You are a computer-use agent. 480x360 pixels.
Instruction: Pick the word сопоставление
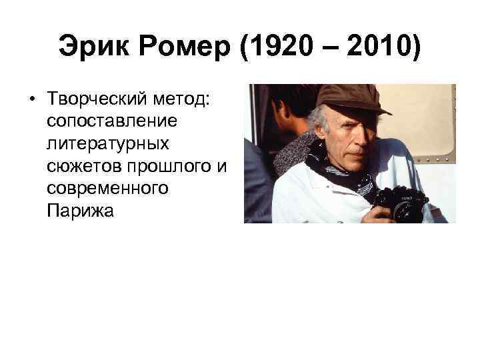pos(111,122)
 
